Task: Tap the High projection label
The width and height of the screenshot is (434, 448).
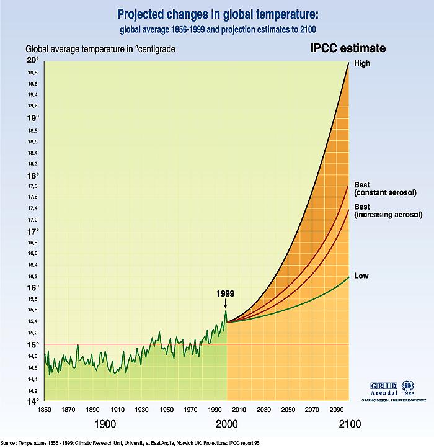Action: [361, 64]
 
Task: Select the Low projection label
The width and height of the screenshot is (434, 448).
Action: [361, 275]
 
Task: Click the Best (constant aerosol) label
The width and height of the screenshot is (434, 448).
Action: [384, 189]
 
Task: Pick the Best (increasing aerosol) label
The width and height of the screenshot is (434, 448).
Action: [387, 210]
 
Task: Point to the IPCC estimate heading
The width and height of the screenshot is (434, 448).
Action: [348, 48]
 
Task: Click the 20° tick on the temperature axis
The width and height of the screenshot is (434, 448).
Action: [33, 60]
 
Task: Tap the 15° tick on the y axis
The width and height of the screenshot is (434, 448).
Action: [33, 344]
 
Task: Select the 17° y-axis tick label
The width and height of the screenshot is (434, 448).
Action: [33, 231]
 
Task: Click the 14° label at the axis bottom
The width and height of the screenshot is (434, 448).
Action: [33, 401]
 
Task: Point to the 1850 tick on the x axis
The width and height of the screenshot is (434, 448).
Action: [44, 410]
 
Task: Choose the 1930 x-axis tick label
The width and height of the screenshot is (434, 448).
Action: [141, 410]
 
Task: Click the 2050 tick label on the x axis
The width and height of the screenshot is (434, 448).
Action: [288, 410]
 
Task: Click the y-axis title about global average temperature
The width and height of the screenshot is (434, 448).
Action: [101, 49]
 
